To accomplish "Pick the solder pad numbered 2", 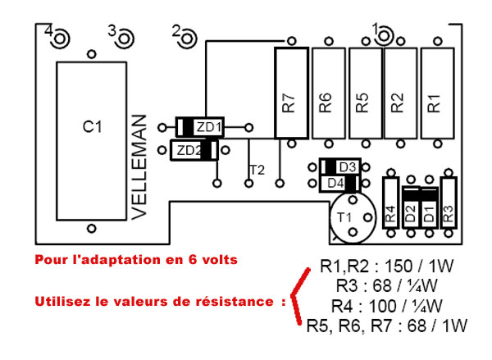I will (188, 36).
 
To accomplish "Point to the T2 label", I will (256, 171).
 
